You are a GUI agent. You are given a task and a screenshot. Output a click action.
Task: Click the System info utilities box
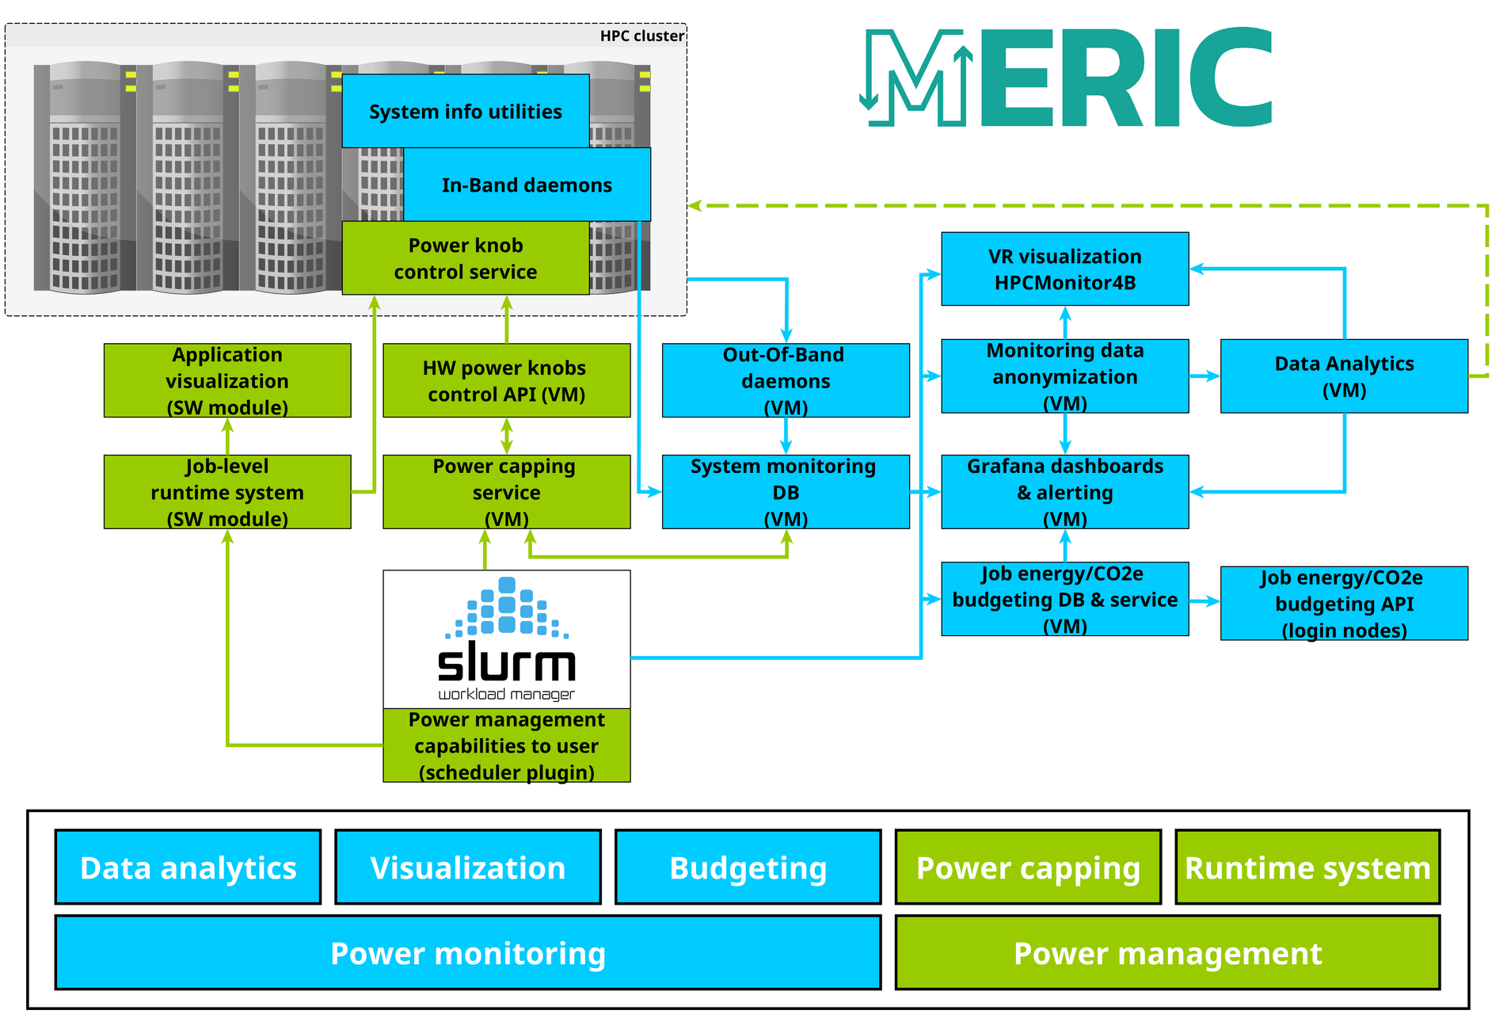(465, 111)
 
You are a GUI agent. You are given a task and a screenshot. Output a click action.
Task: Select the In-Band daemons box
(527, 185)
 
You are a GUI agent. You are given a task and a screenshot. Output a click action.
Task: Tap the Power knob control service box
(465, 258)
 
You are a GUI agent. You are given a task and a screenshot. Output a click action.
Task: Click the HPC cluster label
(641, 36)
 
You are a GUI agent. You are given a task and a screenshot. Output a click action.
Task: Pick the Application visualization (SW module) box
(227, 380)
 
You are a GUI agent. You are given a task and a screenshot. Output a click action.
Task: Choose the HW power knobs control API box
(506, 380)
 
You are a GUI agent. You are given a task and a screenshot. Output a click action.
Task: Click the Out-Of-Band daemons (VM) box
(786, 380)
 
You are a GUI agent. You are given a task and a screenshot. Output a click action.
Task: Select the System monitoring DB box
(786, 492)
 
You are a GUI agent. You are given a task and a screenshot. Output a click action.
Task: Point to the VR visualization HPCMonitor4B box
(1064, 269)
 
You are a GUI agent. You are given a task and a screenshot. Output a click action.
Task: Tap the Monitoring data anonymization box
(1064, 376)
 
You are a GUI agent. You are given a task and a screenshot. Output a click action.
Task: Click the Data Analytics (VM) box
(1344, 376)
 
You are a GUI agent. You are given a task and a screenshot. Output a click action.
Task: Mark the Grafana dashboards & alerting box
(1064, 492)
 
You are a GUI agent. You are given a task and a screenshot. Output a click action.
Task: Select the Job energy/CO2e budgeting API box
(1344, 603)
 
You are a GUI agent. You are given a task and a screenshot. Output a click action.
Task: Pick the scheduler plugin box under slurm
(506, 745)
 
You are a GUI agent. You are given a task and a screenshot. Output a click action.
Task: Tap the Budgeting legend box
(748, 867)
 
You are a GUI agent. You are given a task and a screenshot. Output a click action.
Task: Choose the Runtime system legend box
(1307, 867)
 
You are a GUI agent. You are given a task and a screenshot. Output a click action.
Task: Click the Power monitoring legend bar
(468, 953)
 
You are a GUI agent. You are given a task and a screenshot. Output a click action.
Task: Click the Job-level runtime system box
(227, 492)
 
